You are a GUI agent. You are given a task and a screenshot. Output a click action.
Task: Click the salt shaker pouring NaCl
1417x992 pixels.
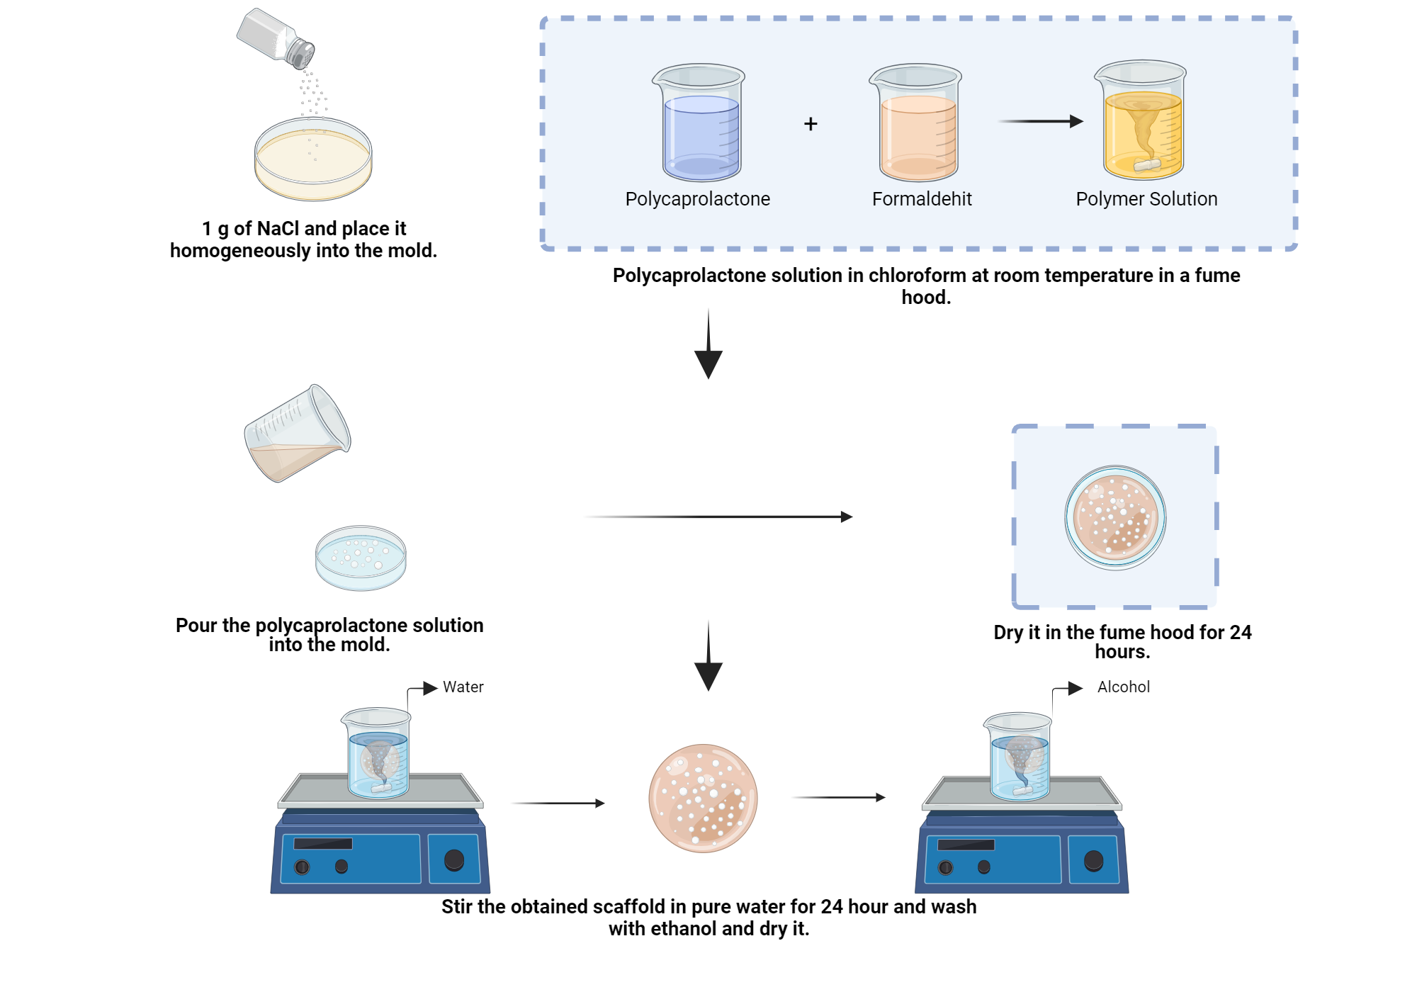click(x=275, y=39)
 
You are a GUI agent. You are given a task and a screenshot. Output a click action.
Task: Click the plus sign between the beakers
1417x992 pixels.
click(x=811, y=124)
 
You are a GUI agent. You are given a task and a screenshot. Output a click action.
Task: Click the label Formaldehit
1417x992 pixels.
click(x=921, y=199)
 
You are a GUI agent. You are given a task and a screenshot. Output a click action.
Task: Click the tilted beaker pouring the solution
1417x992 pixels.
click(x=298, y=434)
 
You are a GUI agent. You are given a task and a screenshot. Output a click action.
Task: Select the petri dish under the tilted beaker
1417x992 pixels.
click(x=361, y=558)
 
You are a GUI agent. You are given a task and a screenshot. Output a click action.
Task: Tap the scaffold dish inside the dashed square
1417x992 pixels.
click(x=1115, y=517)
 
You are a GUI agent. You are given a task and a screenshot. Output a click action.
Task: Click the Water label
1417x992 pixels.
click(x=463, y=687)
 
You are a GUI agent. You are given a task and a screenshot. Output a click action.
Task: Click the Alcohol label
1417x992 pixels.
click(x=1123, y=687)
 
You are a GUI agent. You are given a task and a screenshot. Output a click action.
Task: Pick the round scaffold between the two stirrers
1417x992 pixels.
click(x=703, y=798)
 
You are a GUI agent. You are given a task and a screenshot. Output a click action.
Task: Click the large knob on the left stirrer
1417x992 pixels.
click(x=453, y=860)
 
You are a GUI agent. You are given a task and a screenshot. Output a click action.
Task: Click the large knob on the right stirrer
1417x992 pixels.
click(x=1093, y=861)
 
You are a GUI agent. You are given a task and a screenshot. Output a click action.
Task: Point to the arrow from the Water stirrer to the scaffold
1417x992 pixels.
click(x=558, y=803)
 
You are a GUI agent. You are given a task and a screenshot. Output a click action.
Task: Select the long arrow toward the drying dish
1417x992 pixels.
click(x=718, y=517)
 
